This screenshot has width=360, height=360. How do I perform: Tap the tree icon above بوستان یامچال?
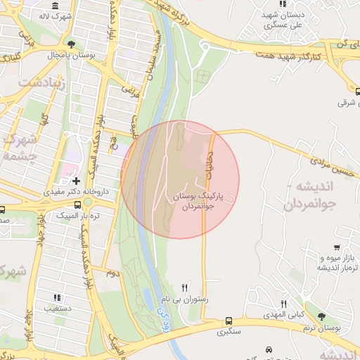71,44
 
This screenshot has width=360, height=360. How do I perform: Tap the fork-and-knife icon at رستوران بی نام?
185,287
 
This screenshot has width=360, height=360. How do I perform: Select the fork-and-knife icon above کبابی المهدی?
283,304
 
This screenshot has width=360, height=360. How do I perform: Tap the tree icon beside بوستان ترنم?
322,317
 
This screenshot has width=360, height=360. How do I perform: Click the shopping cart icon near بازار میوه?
337,247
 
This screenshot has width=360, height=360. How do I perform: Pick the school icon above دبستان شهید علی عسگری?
283,4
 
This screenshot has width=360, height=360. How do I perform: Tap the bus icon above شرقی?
356,90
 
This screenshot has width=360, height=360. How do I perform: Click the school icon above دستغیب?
58,298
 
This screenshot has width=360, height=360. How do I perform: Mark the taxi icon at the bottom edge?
269,349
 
